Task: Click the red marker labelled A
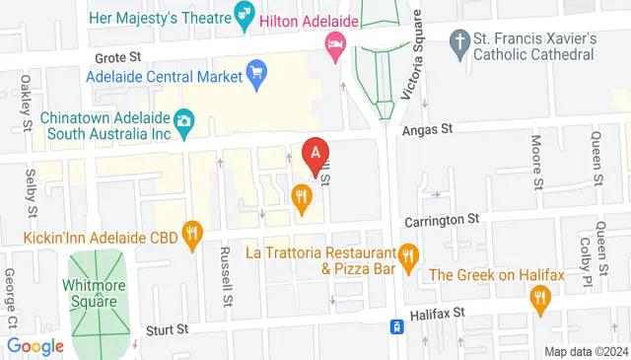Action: (x=315, y=156)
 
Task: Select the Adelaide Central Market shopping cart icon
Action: (x=257, y=73)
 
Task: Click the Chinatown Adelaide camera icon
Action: (x=183, y=121)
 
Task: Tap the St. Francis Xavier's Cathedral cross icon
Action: (x=457, y=41)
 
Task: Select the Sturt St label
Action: (x=165, y=329)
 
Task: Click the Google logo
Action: (x=35, y=346)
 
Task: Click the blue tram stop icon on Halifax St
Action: (x=396, y=326)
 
